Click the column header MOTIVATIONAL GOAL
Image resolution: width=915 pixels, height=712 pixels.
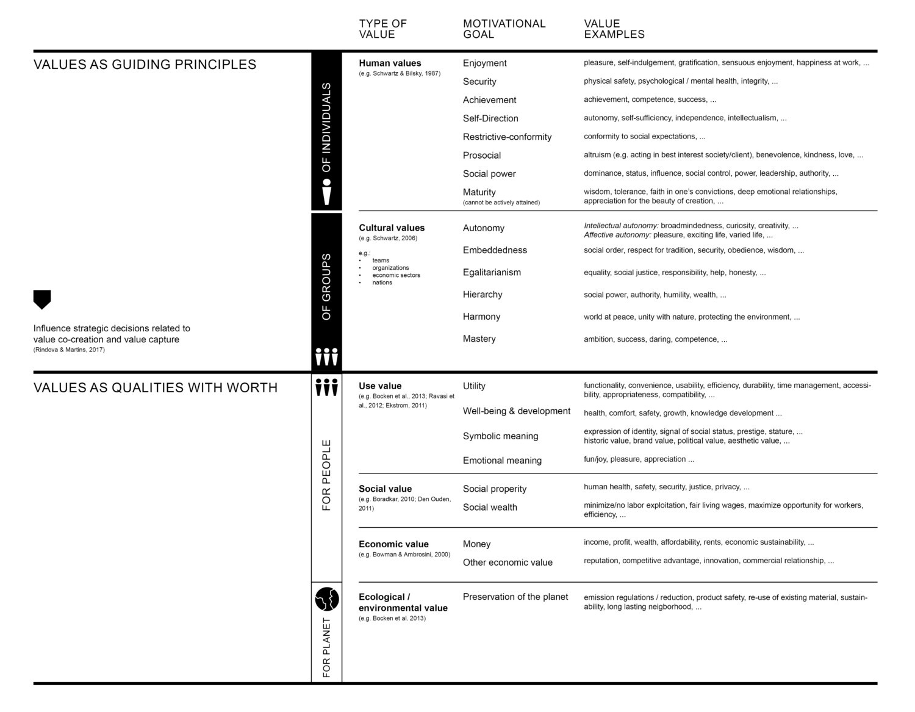click(504, 29)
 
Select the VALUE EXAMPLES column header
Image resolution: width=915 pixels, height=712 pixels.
click(614, 29)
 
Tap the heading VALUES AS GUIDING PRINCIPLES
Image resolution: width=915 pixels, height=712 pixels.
click(145, 65)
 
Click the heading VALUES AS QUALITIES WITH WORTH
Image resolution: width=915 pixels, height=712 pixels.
click(156, 388)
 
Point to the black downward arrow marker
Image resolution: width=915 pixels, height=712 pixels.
click(42, 299)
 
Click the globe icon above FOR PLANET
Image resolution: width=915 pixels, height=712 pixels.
click(327, 599)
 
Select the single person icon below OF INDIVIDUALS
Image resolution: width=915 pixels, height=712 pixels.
click(327, 192)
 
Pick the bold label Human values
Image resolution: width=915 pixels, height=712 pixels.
click(390, 63)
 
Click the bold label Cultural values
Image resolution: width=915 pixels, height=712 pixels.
click(392, 228)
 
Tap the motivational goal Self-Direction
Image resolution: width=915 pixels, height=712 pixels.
click(490, 118)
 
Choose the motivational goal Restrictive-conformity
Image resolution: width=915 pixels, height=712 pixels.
click(507, 137)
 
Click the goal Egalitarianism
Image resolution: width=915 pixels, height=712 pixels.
click(492, 273)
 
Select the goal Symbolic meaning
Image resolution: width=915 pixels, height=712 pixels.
click(500, 436)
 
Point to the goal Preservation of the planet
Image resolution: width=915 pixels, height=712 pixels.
click(515, 597)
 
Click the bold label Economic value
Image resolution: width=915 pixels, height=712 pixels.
click(393, 544)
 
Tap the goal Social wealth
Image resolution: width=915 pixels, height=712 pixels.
click(490, 508)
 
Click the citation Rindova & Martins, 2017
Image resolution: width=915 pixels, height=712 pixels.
click(69, 350)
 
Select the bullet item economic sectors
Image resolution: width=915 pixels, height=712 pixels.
click(396, 275)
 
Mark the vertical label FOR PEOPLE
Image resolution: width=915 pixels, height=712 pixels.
click(326, 475)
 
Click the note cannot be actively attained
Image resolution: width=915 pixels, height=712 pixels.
click(501, 203)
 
